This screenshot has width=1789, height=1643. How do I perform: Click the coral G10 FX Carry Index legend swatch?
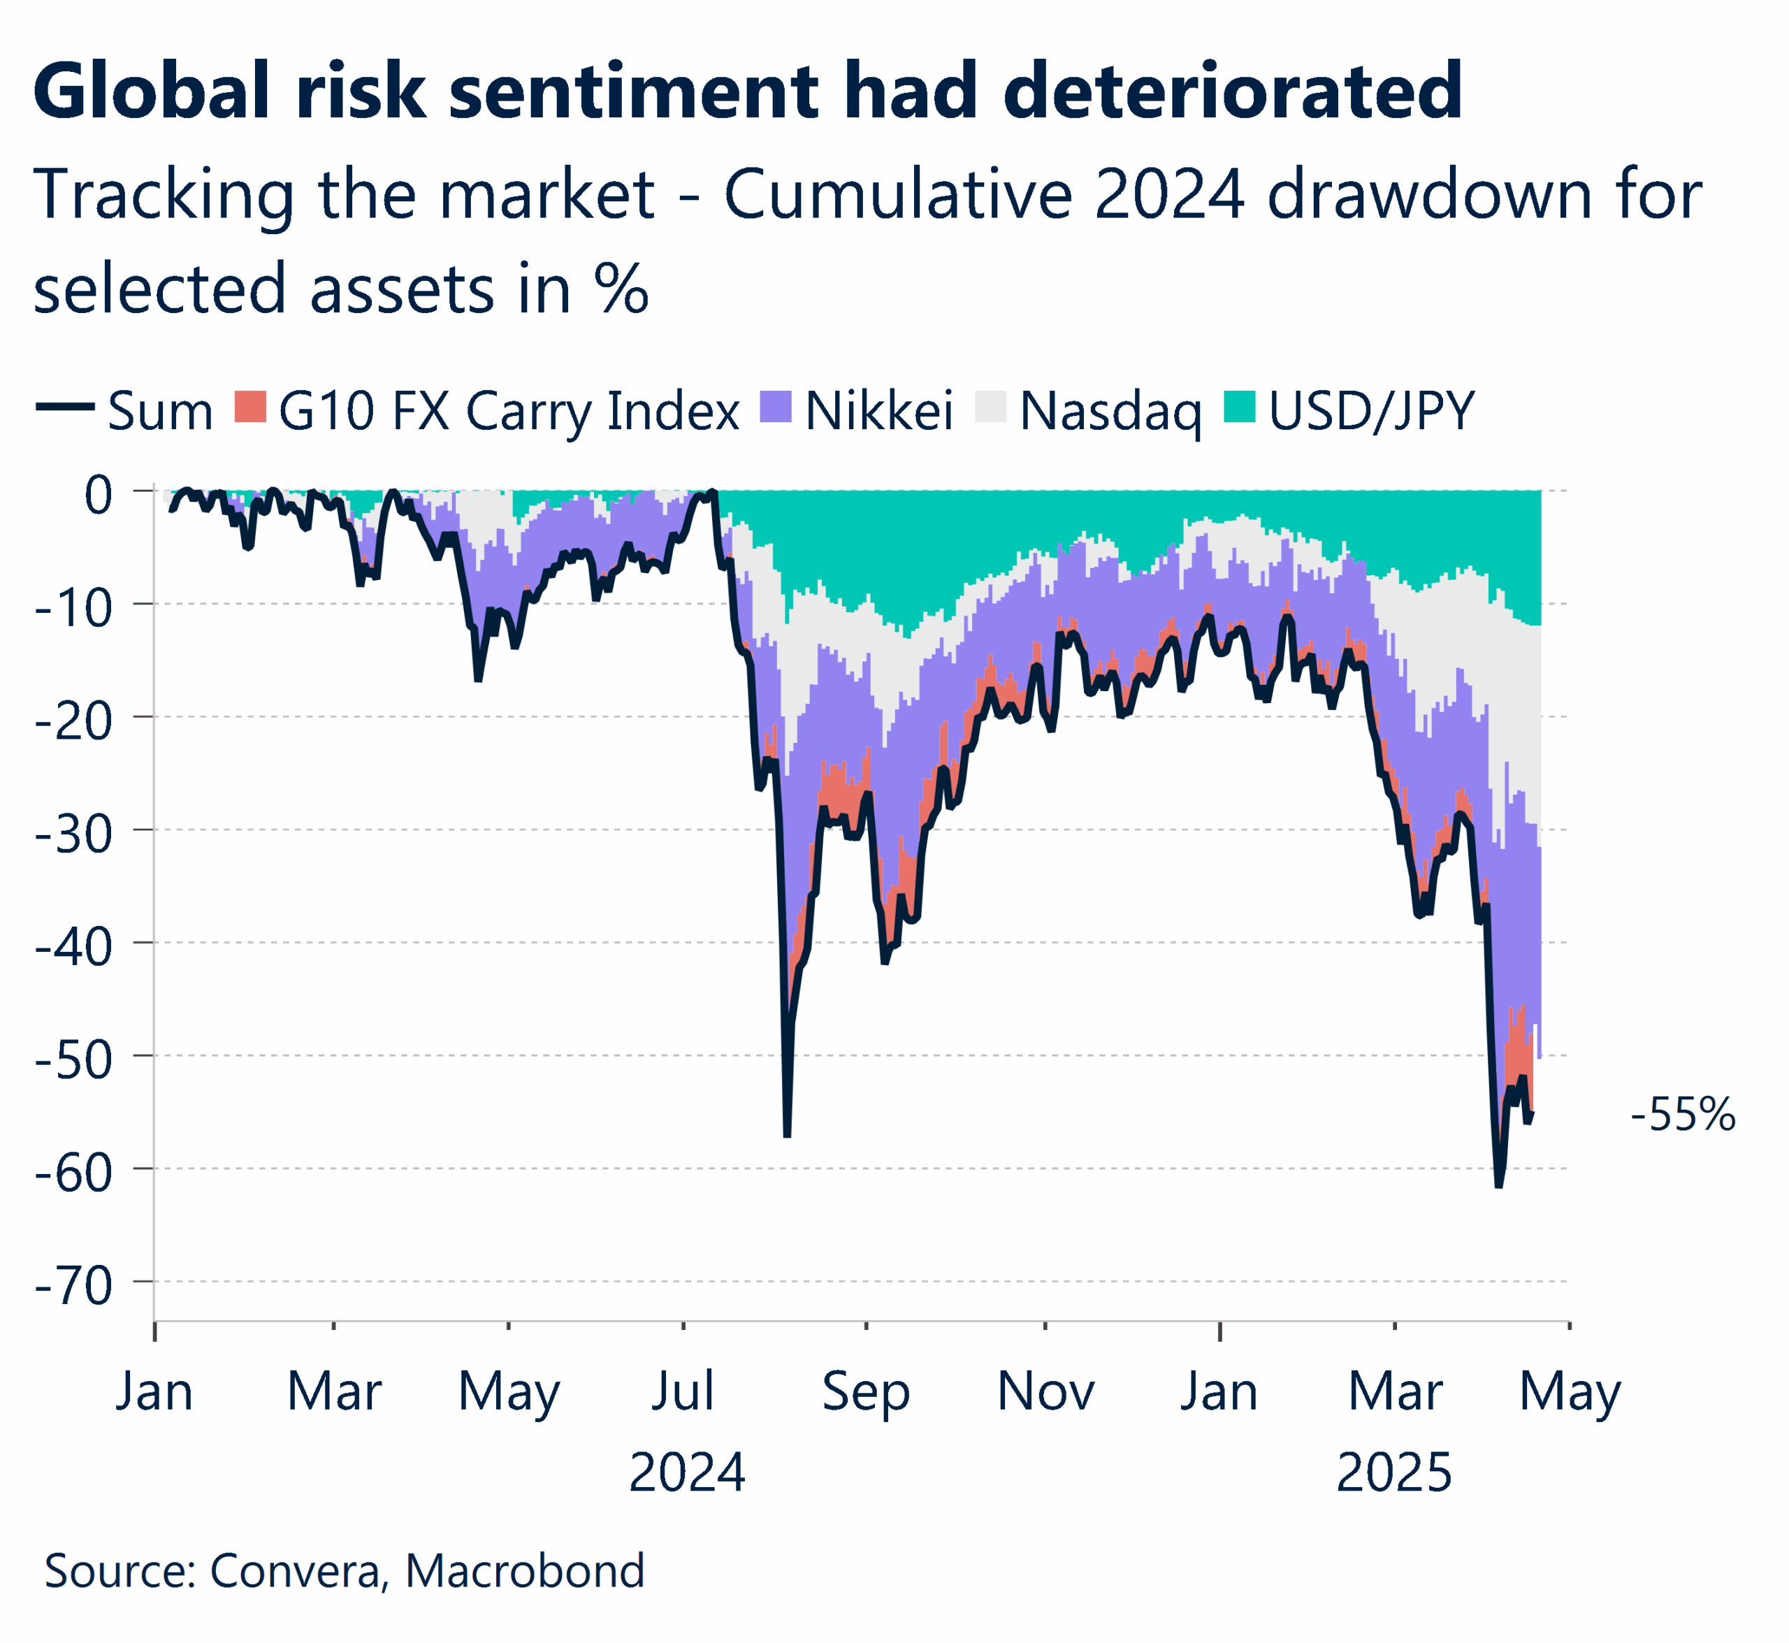point(251,407)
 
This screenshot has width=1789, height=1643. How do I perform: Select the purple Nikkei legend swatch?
point(776,407)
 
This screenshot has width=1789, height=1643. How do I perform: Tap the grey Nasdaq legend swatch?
point(990,407)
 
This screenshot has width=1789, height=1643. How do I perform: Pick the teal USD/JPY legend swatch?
point(1240,407)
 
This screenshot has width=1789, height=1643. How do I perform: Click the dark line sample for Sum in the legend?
point(65,407)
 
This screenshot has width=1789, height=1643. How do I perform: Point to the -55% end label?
point(1682,1114)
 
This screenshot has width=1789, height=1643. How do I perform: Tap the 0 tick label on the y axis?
point(98,494)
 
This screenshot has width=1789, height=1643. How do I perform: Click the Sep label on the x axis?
point(865,1392)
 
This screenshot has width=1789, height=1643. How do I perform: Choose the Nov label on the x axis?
point(1045,1392)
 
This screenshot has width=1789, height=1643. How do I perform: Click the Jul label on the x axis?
point(683,1392)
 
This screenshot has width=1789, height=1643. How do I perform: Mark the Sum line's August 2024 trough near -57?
point(787,1134)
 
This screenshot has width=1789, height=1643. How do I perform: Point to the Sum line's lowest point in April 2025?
point(1498,1185)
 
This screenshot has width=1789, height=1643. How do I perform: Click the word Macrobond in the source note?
point(525,1571)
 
